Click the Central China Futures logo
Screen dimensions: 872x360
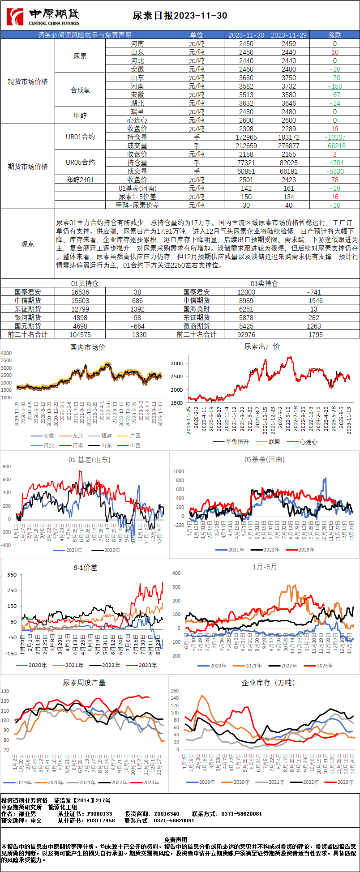pyautogui.click(x=43, y=17)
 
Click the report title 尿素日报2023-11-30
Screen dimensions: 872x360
pyautogui.click(x=180, y=16)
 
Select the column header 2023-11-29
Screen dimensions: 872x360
pyautogui.click(x=289, y=35)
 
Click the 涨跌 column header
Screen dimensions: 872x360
pyautogui.click(x=334, y=35)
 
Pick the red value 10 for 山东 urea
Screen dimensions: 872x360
pyautogui.click(x=334, y=52)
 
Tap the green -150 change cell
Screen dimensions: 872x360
pyautogui.click(x=334, y=86)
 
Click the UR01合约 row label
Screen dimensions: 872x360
pyautogui.click(x=80, y=137)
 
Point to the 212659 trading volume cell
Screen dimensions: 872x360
pyautogui.click(x=246, y=146)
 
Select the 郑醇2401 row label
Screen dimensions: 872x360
pyautogui.click(x=80, y=180)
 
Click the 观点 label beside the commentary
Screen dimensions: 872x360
pyautogui.click(x=28, y=244)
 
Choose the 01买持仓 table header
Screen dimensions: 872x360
pyautogui.click(x=85, y=283)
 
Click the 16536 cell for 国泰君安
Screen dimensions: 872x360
pyautogui.click(x=80, y=292)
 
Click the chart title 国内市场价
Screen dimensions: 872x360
pyautogui.click(x=88, y=347)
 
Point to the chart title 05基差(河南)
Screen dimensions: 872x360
pyautogui.click(x=264, y=459)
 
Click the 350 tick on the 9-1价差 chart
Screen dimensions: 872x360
pyautogui.click(x=12, y=575)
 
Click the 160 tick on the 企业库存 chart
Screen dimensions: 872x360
pyautogui.click(x=175, y=691)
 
